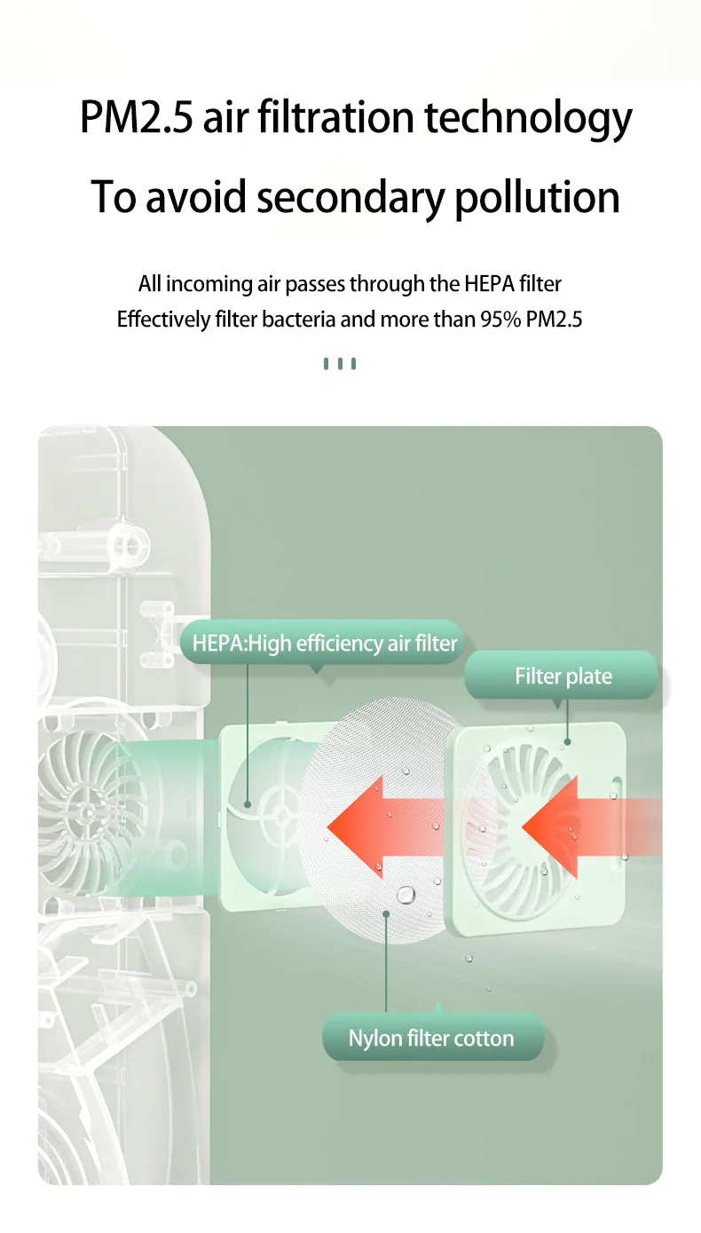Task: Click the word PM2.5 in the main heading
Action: click(137, 118)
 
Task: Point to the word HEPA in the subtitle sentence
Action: click(487, 284)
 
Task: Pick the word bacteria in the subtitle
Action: click(299, 320)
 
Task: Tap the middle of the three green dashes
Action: click(340, 363)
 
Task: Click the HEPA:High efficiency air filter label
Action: click(325, 644)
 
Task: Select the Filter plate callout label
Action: click(563, 676)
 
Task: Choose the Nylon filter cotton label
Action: click(431, 1039)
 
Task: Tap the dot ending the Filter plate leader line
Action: click(566, 741)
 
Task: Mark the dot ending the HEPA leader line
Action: click(248, 805)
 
